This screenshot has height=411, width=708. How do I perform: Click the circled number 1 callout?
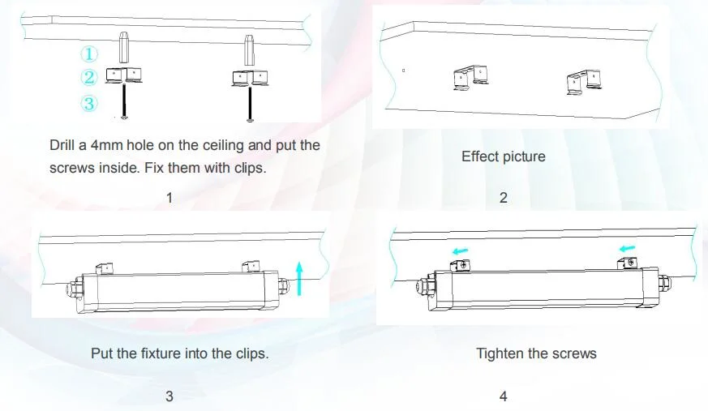(89, 54)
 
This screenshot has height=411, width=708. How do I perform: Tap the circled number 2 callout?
(89, 77)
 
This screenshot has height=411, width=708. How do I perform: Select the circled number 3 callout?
(89, 103)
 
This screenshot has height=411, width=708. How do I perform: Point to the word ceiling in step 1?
(224, 146)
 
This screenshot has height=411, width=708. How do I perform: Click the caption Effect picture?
(504, 156)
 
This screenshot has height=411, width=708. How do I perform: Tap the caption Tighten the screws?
(536, 353)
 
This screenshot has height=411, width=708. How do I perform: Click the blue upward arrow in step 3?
(299, 279)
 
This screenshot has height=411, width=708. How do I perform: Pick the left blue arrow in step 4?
(461, 250)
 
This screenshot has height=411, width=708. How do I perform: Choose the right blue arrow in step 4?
(627, 248)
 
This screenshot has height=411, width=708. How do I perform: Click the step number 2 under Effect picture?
(504, 198)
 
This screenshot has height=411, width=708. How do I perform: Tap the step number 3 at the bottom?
(169, 396)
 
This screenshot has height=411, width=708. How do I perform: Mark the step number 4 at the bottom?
(504, 396)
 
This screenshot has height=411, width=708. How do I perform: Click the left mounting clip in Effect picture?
(470, 78)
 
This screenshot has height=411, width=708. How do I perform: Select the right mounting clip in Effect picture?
(583, 82)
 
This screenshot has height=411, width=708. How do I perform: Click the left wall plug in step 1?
(125, 47)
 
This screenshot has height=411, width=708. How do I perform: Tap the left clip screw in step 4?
(464, 266)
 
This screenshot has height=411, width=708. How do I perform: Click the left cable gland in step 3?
(75, 289)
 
